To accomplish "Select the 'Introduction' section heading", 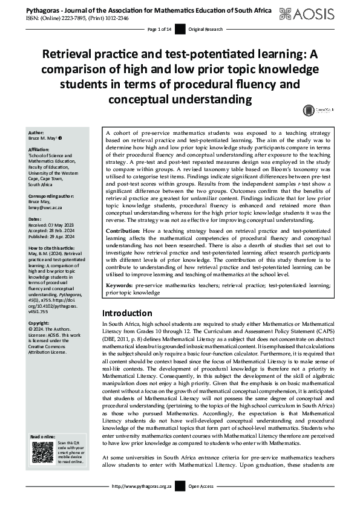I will (127, 313).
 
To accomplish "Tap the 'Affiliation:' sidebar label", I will (41, 149).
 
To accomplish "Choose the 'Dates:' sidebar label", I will (35, 219).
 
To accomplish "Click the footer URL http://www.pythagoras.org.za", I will (141, 502).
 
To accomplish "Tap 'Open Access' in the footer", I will (202, 502).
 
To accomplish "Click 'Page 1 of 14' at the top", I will (160, 30).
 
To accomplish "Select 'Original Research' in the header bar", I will (206, 30).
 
